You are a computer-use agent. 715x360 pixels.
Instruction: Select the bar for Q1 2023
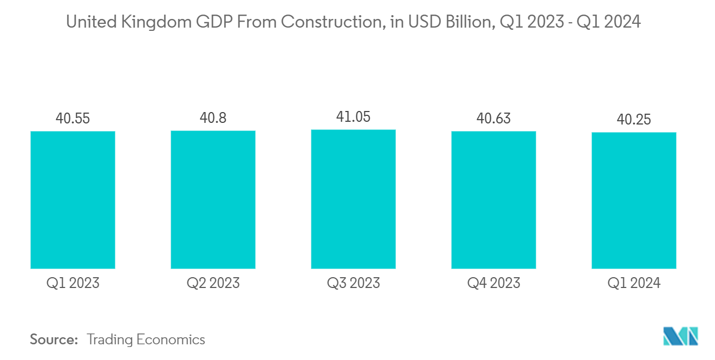point(73,200)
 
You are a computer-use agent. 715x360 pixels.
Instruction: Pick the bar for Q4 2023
point(493,200)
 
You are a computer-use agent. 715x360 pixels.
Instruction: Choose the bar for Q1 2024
point(634,200)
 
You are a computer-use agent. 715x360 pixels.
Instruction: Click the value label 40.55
point(73,118)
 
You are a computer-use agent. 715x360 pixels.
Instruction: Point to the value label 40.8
point(213,117)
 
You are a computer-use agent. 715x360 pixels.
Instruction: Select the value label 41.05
point(353,116)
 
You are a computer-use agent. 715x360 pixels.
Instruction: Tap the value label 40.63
point(493,118)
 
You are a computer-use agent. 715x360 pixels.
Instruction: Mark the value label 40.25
point(634,119)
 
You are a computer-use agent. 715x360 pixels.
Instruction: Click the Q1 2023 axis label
point(73,283)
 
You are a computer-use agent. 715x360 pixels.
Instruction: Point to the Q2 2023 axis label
point(213,283)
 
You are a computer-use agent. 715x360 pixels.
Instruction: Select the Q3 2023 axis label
point(353,283)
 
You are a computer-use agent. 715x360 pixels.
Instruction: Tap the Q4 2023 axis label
point(493,283)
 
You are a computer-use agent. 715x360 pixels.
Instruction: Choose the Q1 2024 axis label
point(634,283)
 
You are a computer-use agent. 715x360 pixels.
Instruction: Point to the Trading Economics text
point(146,339)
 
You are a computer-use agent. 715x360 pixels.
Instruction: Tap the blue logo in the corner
point(681,336)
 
